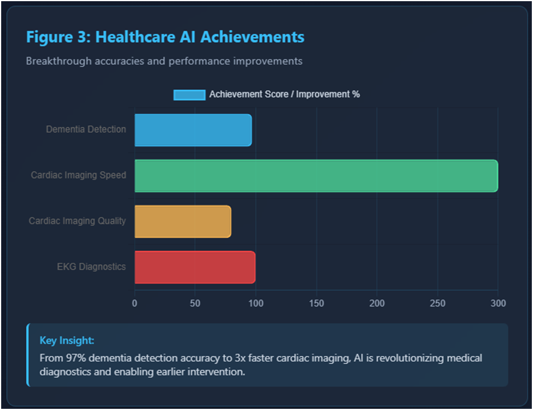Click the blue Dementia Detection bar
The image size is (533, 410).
click(x=193, y=130)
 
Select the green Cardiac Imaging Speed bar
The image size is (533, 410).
click(x=316, y=176)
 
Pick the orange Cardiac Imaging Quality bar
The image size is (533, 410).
click(x=182, y=221)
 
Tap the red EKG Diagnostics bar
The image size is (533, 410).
click(x=195, y=267)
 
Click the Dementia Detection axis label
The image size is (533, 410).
click(x=86, y=129)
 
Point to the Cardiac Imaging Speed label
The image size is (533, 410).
click(x=79, y=175)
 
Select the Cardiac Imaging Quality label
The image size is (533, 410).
click(x=77, y=221)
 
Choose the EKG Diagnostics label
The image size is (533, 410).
click(x=91, y=267)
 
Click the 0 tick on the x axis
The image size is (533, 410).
click(x=134, y=303)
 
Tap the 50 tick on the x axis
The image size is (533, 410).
click(x=195, y=303)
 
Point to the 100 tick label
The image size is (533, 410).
click(x=256, y=303)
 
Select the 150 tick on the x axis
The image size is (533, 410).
click(x=316, y=303)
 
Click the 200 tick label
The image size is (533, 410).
click(x=377, y=303)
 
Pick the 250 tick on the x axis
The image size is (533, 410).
click(x=437, y=303)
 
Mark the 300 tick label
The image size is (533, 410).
click(x=498, y=303)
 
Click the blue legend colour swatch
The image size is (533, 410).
click(x=189, y=95)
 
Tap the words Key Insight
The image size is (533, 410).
click(x=67, y=341)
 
